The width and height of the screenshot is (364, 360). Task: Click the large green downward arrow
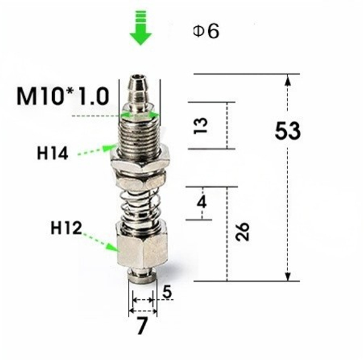(141, 30)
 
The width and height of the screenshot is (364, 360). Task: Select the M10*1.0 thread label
(62, 96)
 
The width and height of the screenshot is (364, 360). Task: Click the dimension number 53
(287, 131)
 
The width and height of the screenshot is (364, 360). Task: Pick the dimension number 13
(201, 125)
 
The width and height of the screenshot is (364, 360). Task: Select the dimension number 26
(242, 231)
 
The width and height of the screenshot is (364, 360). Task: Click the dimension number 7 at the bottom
(142, 326)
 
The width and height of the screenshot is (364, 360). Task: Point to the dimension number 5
(167, 292)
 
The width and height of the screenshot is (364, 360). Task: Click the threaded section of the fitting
(140, 134)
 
